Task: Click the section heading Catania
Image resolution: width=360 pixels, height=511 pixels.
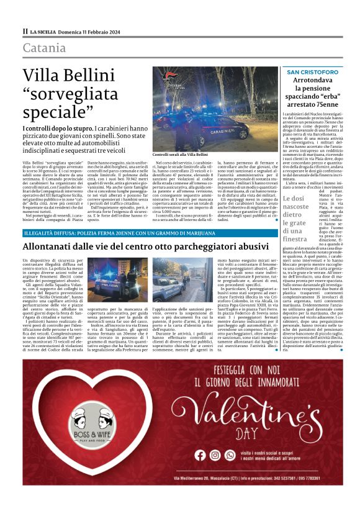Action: click(44, 48)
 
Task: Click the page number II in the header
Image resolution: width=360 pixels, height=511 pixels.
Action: click(25, 30)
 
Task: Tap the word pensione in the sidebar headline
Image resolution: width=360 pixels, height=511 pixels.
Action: click(319, 91)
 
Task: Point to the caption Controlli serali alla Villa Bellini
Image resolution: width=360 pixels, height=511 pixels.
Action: click(180, 153)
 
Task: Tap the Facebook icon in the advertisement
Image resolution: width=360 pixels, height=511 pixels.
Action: click(199, 454)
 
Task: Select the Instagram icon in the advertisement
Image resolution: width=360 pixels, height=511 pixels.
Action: click(215, 454)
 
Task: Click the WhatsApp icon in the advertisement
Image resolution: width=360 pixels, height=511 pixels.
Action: click(230, 454)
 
